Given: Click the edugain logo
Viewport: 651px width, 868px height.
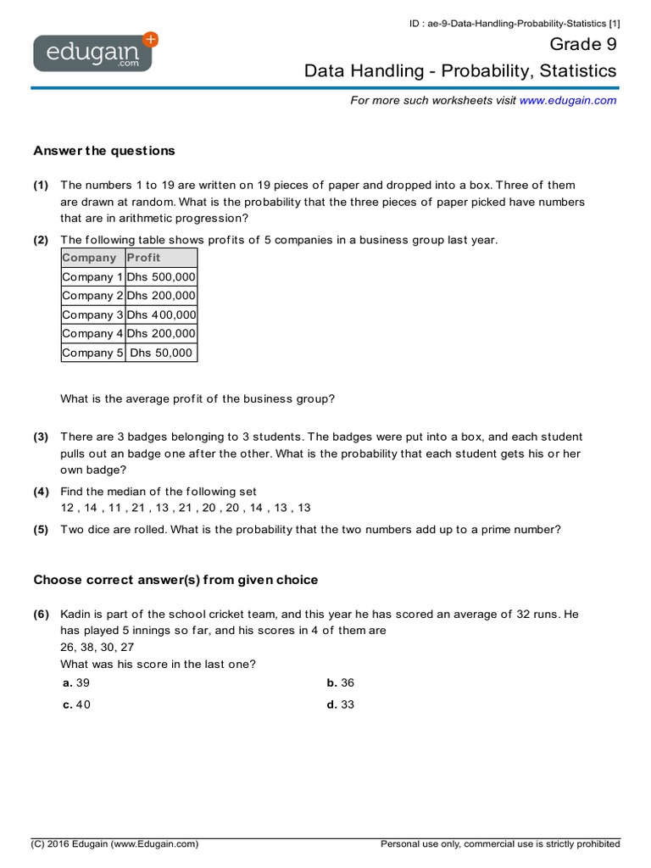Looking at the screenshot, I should click(x=93, y=53).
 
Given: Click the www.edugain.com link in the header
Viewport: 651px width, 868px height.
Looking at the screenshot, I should click(x=567, y=100).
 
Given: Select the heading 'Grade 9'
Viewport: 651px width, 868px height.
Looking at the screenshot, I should click(x=583, y=44).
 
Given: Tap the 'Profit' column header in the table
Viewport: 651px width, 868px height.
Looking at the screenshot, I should click(x=143, y=258).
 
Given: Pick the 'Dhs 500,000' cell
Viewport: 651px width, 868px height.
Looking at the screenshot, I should click(x=161, y=276).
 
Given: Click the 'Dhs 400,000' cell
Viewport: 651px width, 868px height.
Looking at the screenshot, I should click(x=161, y=314).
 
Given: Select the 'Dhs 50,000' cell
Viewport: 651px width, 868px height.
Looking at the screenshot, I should click(x=161, y=353).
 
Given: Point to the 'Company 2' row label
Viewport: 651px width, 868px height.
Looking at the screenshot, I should click(x=92, y=296).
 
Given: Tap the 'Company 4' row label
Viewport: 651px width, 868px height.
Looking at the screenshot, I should click(x=92, y=334).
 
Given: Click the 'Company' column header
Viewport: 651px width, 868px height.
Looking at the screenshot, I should click(x=89, y=258).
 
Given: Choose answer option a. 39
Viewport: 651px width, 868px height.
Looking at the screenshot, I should click(x=76, y=682).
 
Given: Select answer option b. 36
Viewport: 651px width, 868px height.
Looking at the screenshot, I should click(x=341, y=682).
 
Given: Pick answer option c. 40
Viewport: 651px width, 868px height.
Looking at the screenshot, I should click(x=76, y=704).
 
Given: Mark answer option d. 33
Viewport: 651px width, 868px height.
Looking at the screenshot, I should click(x=341, y=704).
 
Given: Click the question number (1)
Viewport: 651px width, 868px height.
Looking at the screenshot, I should click(x=41, y=185).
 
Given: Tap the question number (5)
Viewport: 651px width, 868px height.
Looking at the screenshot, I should click(x=41, y=530).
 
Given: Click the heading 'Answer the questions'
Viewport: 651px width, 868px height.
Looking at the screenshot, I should click(x=104, y=151).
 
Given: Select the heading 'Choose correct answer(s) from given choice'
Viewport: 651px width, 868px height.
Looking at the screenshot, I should click(x=175, y=580).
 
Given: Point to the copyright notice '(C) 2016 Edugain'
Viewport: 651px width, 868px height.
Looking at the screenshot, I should click(x=114, y=843).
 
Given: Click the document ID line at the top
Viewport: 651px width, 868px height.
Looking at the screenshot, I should click(x=514, y=24).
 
